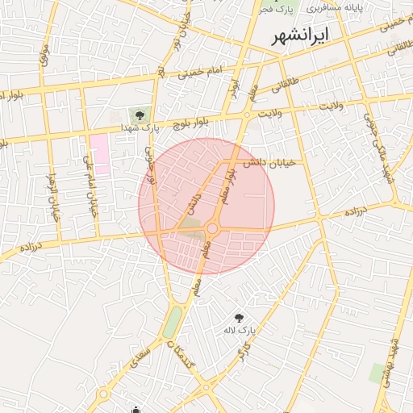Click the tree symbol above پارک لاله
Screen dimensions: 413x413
239,318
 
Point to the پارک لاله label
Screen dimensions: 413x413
240,331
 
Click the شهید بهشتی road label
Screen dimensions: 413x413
394,362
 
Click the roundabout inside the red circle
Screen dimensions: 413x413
212,229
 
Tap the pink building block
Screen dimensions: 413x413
99,154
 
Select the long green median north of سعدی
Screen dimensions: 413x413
172,323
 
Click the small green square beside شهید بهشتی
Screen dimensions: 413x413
377,373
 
